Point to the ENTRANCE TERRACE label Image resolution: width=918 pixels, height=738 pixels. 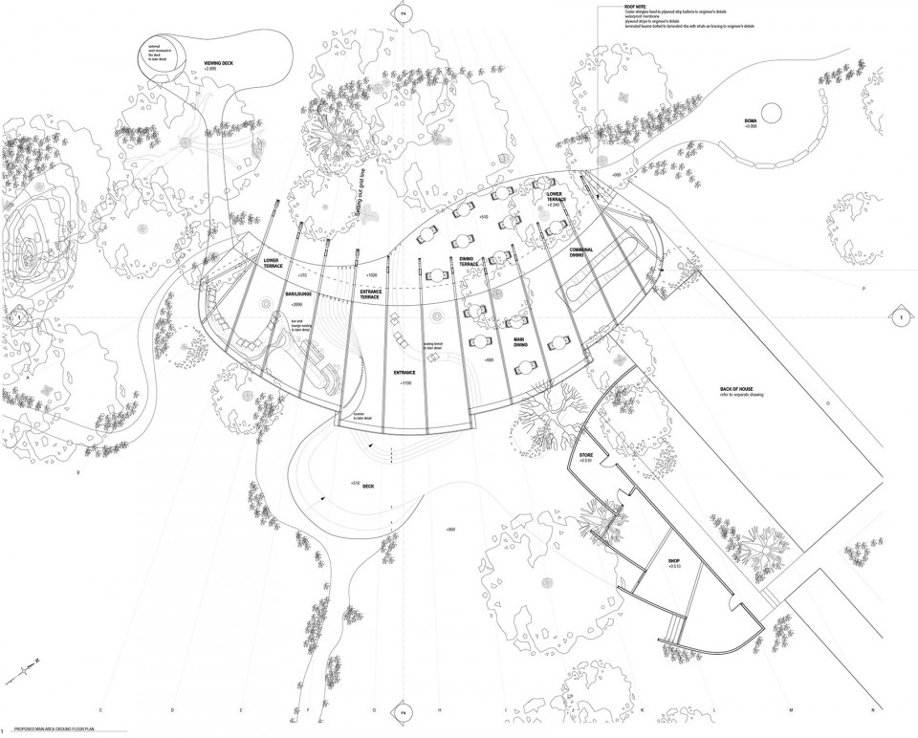point(376,293)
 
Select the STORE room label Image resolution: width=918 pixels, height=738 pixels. point(586,455)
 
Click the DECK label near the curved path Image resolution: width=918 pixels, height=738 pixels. point(368,486)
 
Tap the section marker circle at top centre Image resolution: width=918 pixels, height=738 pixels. point(403,14)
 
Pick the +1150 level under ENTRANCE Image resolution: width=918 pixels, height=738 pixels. point(405,382)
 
